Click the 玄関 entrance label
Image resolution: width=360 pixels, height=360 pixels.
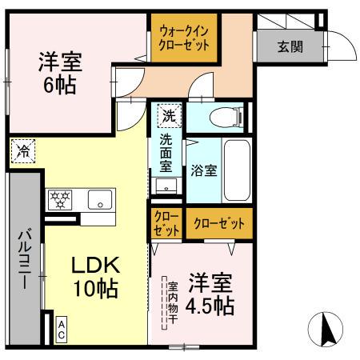coord(290,46)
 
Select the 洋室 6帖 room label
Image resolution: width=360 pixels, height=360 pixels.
coord(59,72)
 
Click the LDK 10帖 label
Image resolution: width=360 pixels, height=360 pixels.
coord(96,277)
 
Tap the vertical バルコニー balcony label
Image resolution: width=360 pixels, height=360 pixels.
coord(24,260)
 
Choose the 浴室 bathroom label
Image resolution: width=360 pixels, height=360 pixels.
coord(203,170)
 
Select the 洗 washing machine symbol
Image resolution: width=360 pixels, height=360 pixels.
coord(167,114)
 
